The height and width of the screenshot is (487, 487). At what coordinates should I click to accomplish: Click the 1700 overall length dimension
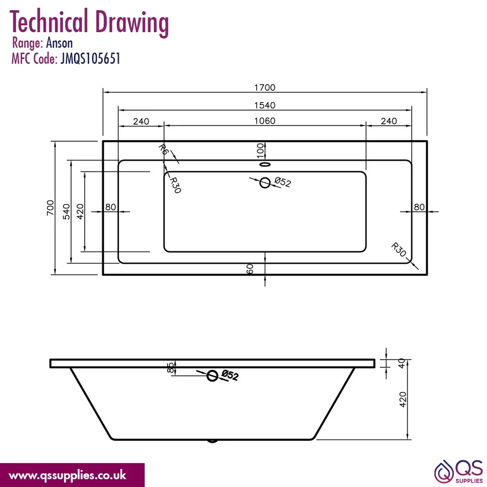click(x=264, y=88)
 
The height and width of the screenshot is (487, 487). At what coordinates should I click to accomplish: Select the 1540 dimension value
click(x=264, y=105)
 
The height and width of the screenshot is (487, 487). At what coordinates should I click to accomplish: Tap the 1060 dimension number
click(x=264, y=121)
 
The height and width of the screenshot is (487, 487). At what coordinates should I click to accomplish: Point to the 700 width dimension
click(x=50, y=208)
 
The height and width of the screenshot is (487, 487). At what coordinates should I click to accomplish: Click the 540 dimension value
click(x=66, y=211)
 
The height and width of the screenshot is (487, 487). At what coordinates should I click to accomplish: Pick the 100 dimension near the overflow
click(x=260, y=150)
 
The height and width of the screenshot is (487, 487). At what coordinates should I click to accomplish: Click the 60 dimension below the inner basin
click(x=250, y=269)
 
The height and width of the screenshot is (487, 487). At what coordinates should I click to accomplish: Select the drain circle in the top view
click(x=264, y=183)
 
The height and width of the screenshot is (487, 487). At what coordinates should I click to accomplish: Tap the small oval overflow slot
click(x=264, y=164)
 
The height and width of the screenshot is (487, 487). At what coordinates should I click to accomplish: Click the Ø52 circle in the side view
click(x=212, y=376)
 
